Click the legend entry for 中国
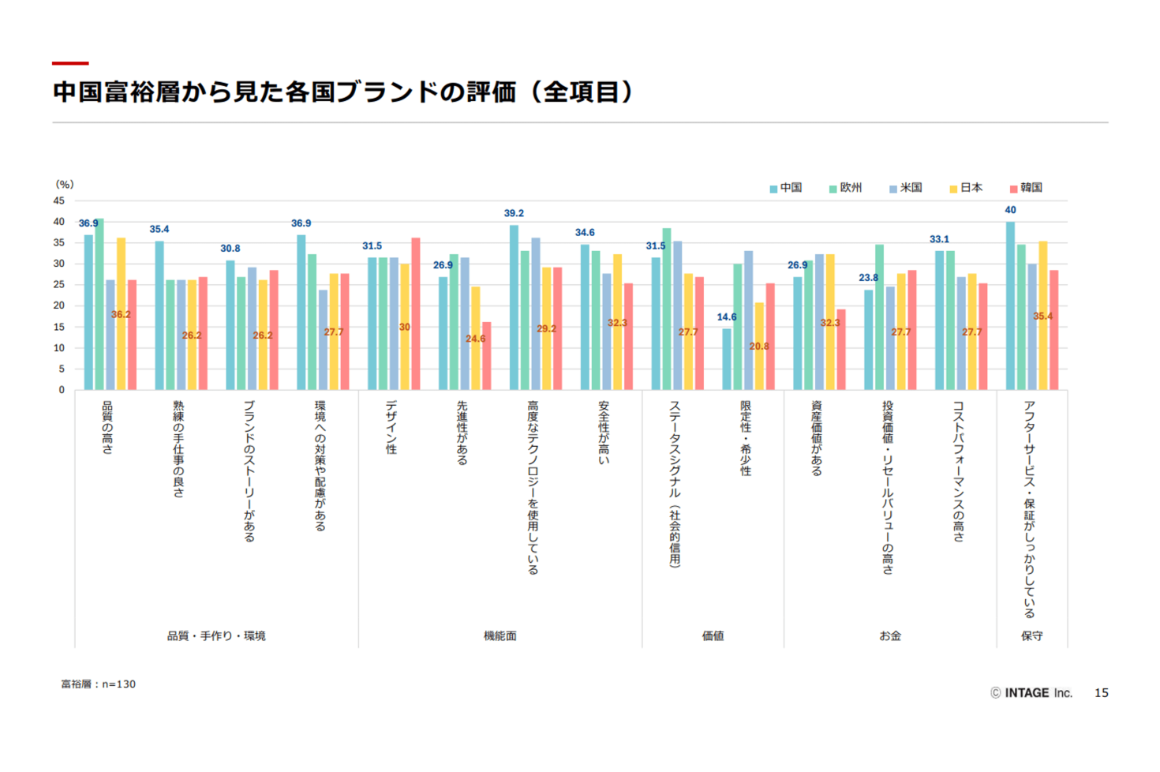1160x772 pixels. tap(786, 188)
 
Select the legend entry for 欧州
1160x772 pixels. tap(846, 188)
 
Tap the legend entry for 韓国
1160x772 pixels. tap(1026, 188)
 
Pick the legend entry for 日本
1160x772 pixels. tap(966, 188)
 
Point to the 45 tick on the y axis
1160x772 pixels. tap(59, 201)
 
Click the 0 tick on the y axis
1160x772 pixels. tap(62, 390)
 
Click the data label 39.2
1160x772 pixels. tap(514, 213)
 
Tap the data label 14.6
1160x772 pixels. tap(727, 317)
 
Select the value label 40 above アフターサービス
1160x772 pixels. tap(1010, 210)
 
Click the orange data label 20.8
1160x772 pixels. tap(759, 347)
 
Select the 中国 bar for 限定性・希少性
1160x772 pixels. tap(727, 359)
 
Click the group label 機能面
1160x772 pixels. tap(500, 635)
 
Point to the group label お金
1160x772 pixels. tap(890, 635)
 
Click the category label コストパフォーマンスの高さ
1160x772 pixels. tap(959, 470)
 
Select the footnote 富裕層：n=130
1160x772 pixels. tap(99, 684)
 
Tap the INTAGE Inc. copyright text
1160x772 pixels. tap(1031, 693)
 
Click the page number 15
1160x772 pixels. tap(1102, 693)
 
